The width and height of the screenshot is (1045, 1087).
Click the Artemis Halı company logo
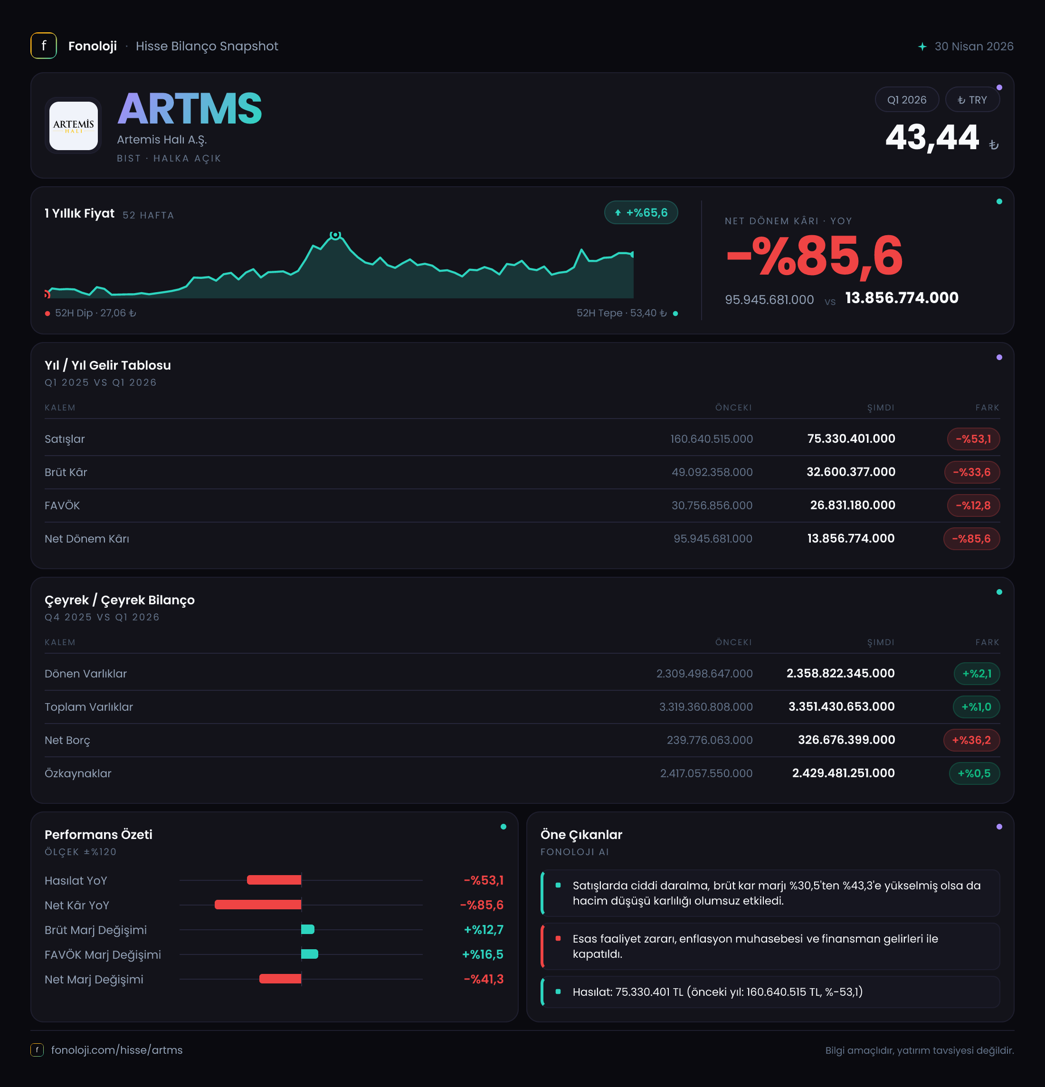(73, 125)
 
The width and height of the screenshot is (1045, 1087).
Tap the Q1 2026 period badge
(906, 100)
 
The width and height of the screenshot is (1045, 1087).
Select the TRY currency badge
(972, 100)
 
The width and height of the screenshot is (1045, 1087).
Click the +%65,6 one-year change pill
(641, 212)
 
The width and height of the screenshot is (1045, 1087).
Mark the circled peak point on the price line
(335, 235)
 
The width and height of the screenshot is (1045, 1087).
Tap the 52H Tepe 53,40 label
(621, 314)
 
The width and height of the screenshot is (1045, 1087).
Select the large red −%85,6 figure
(814, 256)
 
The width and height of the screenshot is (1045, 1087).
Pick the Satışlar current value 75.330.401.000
(851, 439)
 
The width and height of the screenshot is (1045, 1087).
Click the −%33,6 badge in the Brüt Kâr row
(971, 472)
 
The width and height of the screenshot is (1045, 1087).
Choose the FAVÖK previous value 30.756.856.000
(712, 505)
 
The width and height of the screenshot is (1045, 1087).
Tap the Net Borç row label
(67, 740)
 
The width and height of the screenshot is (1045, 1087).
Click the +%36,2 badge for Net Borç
(971, 740)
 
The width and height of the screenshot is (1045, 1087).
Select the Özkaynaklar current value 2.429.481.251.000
(843, 773)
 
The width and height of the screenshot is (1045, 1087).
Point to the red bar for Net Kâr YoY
(258, 905)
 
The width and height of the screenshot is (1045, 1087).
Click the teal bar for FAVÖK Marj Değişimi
(309, 954)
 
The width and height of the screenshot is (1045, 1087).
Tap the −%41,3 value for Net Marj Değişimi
(484, 979)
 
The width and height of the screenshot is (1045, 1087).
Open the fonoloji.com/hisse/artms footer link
(117, 1050)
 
